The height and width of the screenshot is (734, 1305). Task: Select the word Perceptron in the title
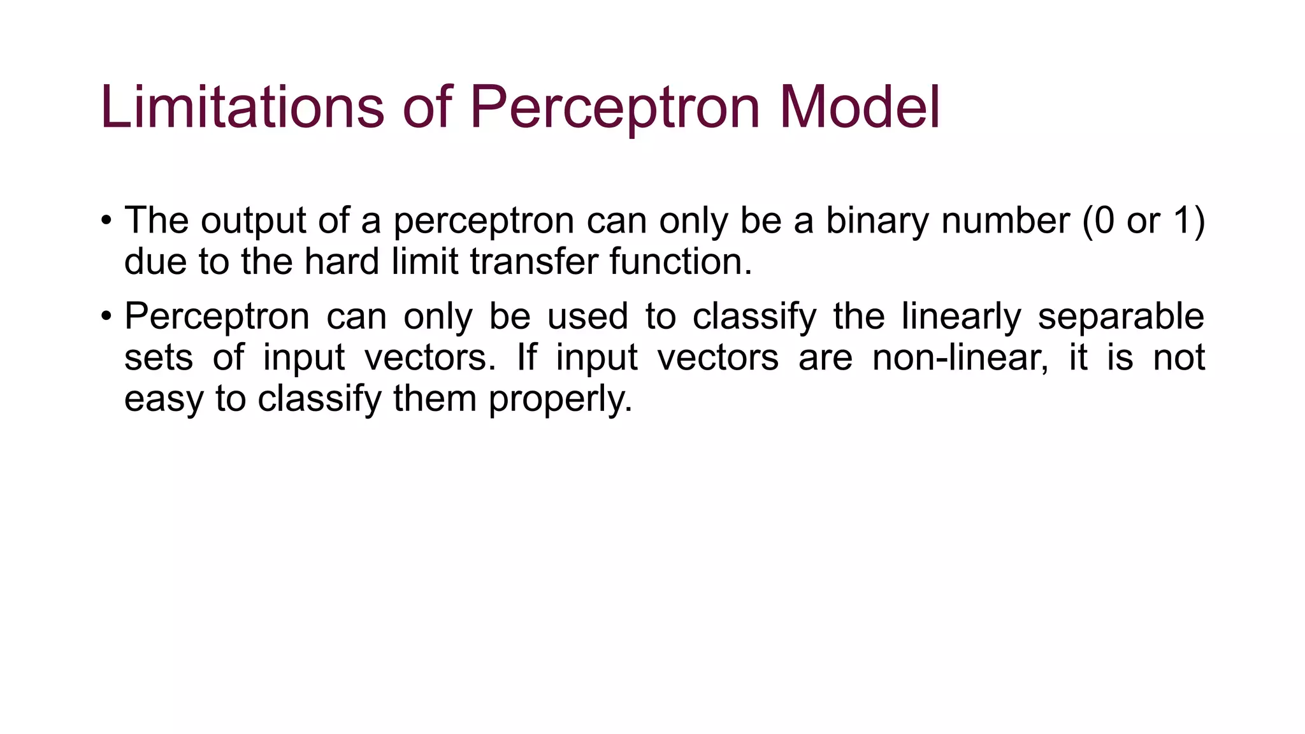615,108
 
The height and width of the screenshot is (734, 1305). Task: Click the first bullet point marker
106,222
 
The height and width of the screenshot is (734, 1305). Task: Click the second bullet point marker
106,317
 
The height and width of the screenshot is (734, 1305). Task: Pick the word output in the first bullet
253,222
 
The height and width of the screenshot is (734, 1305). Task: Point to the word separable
1121,317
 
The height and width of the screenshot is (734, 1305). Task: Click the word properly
560,399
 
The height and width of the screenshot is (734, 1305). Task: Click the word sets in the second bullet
158,357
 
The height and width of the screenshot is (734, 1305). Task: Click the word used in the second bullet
588,317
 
